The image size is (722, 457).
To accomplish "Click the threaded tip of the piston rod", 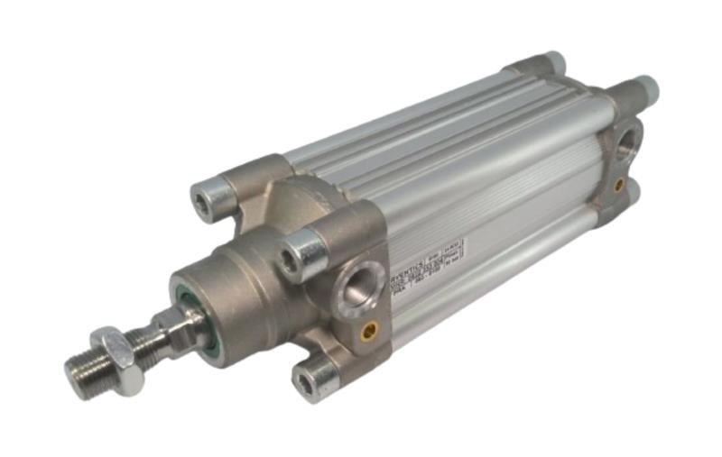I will coord(84,365).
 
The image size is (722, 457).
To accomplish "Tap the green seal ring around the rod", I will coord(202,317).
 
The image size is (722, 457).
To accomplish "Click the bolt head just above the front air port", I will coord(300,255).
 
